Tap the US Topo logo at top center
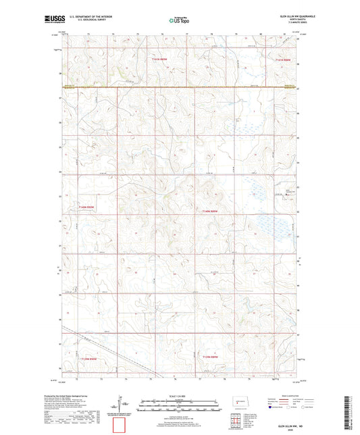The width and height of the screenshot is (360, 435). [x=180, y=21]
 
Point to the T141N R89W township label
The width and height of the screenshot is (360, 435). [x=160, y=59]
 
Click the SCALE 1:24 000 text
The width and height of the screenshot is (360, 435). [x=179, y=396]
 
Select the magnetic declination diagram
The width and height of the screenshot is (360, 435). [x=120, y=405]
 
